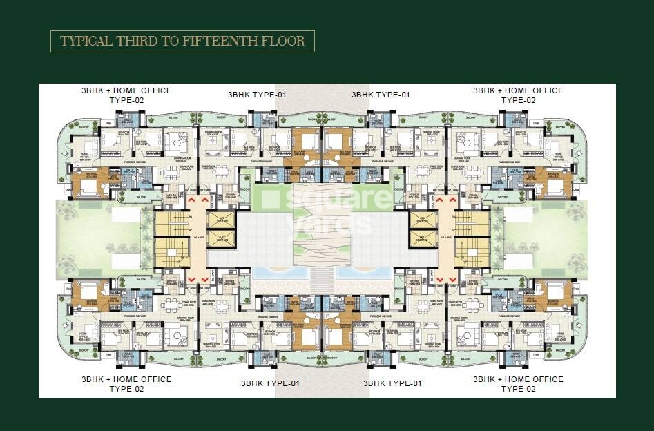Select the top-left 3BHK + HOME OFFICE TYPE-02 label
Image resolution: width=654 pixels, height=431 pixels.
[x=126, y=95]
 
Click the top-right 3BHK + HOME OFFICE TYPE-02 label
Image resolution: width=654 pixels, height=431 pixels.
[x=518, y=95]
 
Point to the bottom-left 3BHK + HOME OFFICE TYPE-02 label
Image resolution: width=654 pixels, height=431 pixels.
[x=126, y=384]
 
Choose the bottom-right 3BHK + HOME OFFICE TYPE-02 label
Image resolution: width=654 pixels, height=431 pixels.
[x=518, y=384]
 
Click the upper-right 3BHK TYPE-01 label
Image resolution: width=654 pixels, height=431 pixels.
[x=381, y=95]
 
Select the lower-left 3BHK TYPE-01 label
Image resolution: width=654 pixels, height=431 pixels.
[x=270, y=383]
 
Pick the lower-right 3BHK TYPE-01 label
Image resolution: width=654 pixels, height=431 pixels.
[x=393, y=383]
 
